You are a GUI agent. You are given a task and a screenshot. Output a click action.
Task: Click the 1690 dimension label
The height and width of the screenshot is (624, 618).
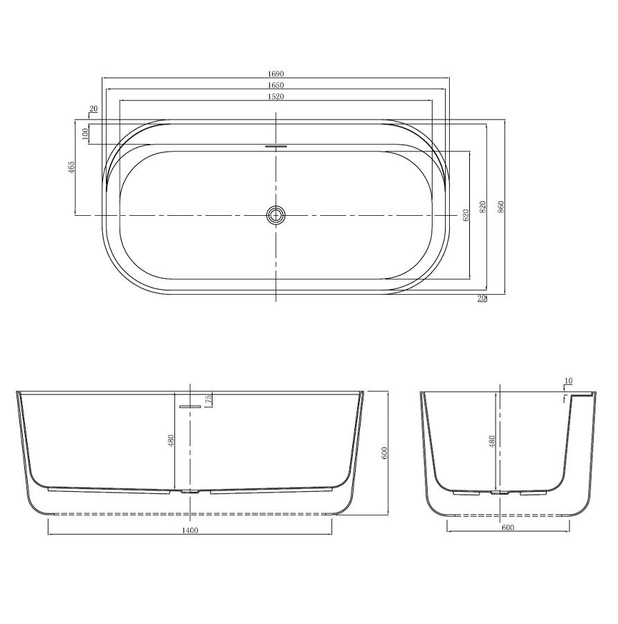coord(275,74)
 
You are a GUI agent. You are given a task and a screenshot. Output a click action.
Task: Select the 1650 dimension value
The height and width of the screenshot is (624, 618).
coord(275,85)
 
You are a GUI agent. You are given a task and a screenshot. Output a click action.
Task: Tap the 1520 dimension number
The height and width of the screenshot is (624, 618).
coord(275,97)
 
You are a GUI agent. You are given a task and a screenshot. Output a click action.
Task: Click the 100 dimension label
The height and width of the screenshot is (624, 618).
coord(84,134)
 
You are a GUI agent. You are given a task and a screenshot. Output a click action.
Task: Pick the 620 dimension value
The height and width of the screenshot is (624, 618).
coord(466,215)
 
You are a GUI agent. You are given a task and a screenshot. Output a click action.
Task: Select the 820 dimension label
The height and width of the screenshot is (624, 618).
coord(482,207)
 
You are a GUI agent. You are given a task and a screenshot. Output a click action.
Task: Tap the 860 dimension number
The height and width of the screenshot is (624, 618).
coord(501,207)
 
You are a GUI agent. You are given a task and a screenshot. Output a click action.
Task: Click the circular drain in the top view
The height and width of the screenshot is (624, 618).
coord(275,215)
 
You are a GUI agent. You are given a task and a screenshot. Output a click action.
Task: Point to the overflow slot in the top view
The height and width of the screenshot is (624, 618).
coord(276,146)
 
